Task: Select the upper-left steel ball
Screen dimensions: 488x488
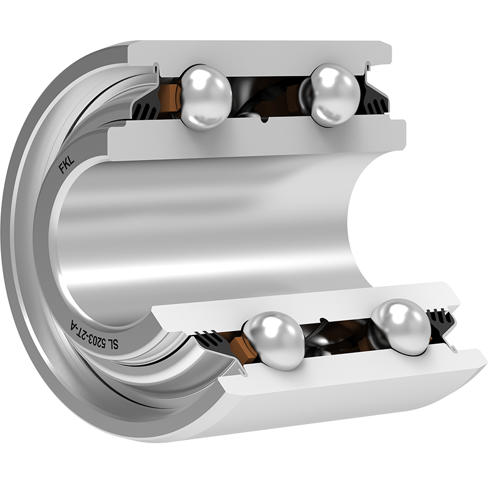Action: [x=206, y=97]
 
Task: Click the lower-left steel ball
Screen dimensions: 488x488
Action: [x=274, y=341]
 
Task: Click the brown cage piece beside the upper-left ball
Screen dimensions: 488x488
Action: [x=169, y=98]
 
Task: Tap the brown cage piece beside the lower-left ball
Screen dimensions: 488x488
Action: [x=243, y=348]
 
